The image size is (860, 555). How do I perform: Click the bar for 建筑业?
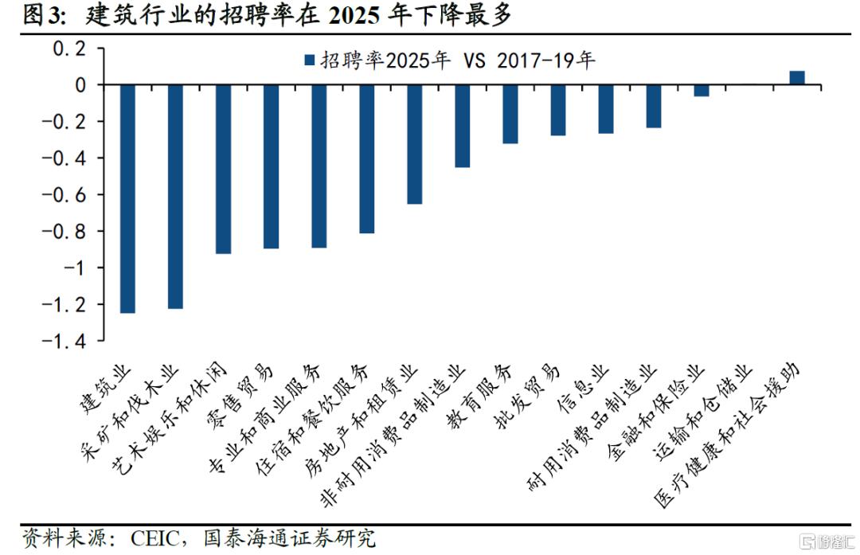[x=127, y=198]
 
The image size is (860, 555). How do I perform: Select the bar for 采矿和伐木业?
[x=175, y=196]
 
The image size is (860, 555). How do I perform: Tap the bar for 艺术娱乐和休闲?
[x=223, y=169]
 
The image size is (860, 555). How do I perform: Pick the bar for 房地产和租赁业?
[x=414, y=144]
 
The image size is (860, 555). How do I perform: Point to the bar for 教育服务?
[x=510, y=114]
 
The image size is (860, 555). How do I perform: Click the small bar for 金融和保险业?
[x=701, y=90]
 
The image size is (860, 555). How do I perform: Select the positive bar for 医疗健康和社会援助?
[x=796, y=77]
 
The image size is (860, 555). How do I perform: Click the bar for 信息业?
[x=605, y=108]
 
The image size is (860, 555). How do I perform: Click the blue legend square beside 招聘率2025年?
[x=308, y=61]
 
